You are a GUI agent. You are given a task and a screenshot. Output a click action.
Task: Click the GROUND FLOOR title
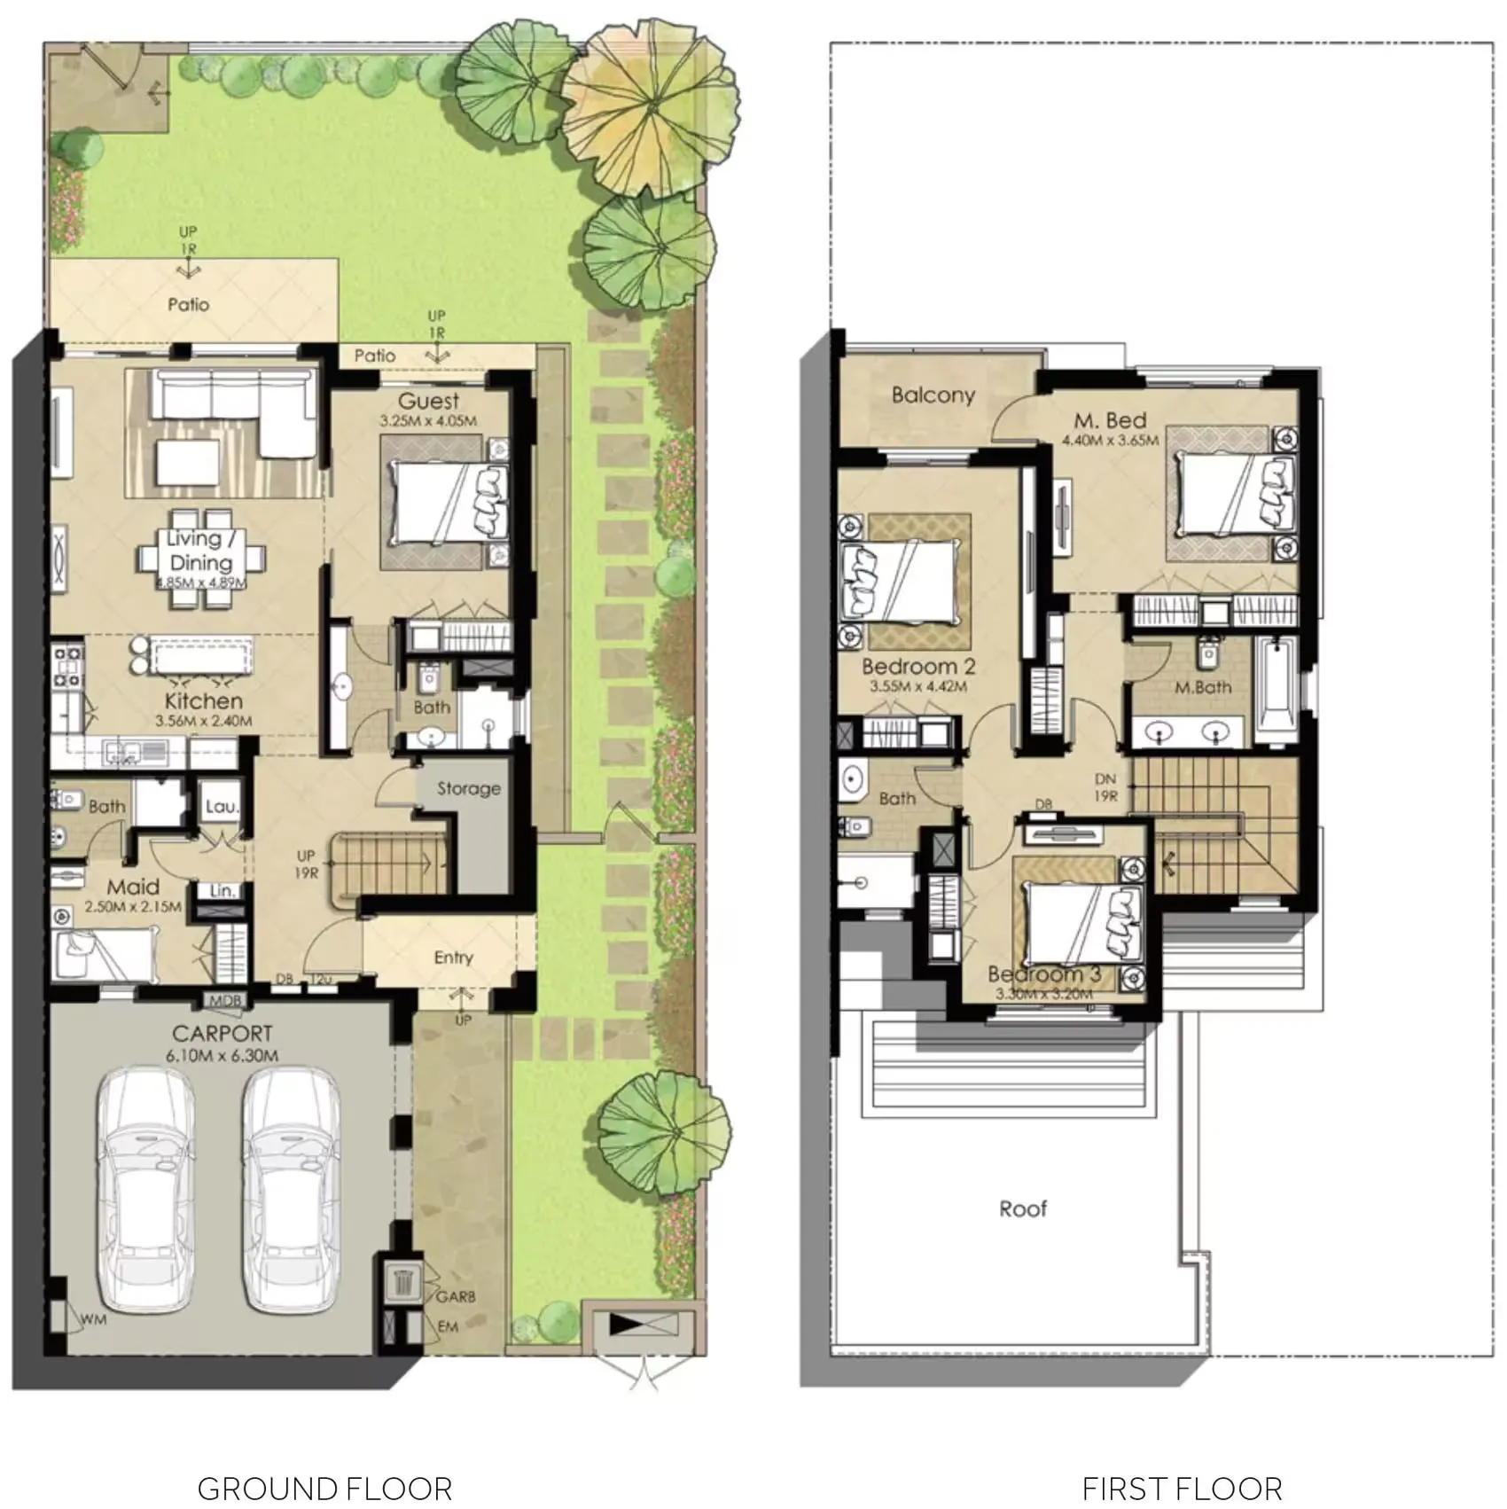(x=324, y=1488)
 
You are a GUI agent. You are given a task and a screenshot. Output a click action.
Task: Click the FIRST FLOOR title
(x=1182, y=1488)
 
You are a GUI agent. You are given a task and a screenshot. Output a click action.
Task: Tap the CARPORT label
(x=222, y=1034)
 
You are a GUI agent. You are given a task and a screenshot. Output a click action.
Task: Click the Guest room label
(x=428, y=401)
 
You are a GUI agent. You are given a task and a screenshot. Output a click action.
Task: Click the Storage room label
(x=468, y=788)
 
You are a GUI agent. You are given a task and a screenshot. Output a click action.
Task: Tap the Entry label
(x=453, y=958)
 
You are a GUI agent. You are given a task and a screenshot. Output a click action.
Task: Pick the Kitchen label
(x=203, y=700)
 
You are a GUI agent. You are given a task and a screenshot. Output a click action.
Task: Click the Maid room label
(x=133, y=887)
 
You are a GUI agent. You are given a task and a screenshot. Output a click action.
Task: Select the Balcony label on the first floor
(x=933, y=395)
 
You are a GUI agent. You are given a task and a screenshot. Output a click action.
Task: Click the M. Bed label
(x=1110, y=420)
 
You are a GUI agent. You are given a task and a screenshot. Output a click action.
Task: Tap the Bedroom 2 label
(x=918, y=666)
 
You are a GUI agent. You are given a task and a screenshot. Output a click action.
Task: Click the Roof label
(x=1023, y=1208)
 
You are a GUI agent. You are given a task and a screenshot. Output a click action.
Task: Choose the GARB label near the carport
(x=456, y=1296)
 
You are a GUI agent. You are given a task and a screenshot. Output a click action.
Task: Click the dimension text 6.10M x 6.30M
(x=222, y=1056)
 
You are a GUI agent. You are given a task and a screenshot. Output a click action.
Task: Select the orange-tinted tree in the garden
(x=650, y=108)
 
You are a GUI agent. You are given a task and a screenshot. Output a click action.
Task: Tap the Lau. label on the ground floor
(x=222, y=806)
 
